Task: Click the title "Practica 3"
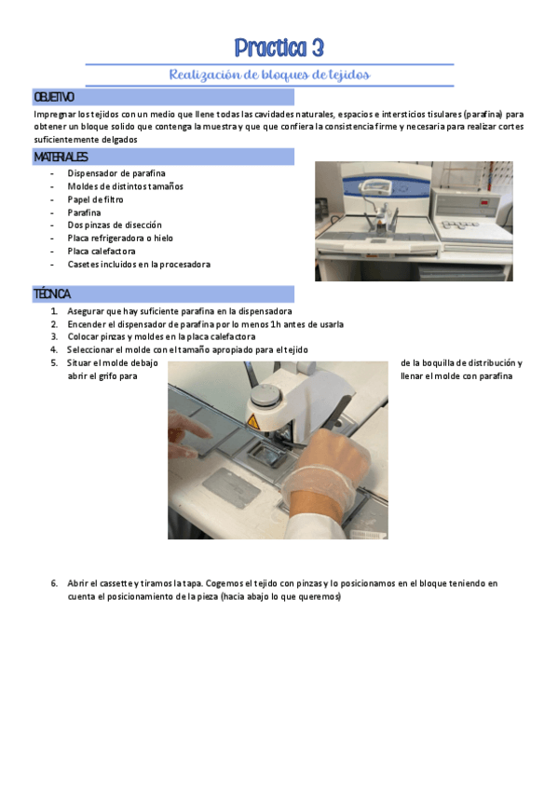tap(279, 48)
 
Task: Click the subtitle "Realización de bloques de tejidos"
tap(269, 75)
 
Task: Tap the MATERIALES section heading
tap(61, 157)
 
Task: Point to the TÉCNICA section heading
tap(52, 293)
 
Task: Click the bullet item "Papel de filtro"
tap(95, 199)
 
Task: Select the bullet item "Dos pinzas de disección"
tap(115, 225)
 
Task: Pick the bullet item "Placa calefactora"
tap(102, 251)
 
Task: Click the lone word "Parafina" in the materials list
tap(84, 212)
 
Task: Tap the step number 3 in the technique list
tap(54, 336)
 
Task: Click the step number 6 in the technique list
tap(54, 583)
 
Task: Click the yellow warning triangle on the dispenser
tap(253, 422)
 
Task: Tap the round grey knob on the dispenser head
tap(265, 396)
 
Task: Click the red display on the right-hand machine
tap(484, 202)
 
